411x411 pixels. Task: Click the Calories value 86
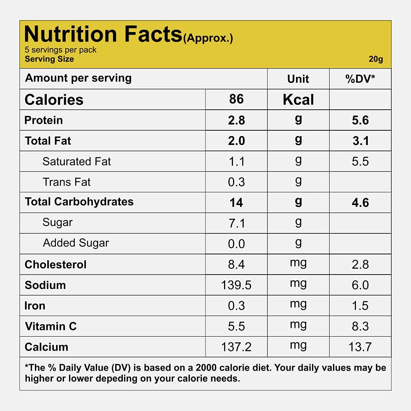[x=236, y=99]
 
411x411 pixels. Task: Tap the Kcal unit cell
[x=298, y=100]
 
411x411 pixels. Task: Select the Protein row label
[x=44, y=120]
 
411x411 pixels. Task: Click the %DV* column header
[x=360, y=79]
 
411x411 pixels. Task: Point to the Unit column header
[x=298, y=79]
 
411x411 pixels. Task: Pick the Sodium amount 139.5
[x=236, y=285]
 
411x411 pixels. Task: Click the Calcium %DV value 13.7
[x=360, y=347]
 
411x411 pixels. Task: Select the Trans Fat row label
[x=67, y=182]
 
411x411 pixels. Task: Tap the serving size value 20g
[x=376, y=59]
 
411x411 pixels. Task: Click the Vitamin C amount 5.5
[x=236, y=326]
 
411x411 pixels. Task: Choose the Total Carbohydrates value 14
[x=236, y=203]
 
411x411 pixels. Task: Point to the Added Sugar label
[x=76, y=243]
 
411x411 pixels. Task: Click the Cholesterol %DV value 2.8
[x=360, y=265]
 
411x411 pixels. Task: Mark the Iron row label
[x=35, y=306]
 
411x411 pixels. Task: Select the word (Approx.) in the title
[x=208, y=39]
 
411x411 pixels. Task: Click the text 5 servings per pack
[x=61, y=50]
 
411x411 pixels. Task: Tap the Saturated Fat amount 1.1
[x=236, y=162]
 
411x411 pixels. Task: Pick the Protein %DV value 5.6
[x=360, y=120]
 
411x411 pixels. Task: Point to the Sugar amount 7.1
[x=236, y=223]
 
